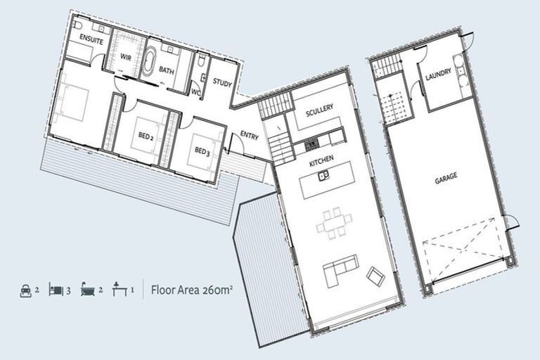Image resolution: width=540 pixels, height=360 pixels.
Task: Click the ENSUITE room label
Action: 91,39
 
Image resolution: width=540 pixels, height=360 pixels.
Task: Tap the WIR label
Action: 126,57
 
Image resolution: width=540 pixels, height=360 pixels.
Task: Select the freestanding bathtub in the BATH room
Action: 149,62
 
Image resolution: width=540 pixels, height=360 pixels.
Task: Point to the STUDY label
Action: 222,82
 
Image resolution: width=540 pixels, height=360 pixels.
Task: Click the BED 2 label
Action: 146,136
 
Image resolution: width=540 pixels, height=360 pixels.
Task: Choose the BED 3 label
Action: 202,151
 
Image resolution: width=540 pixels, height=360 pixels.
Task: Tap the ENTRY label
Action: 250,135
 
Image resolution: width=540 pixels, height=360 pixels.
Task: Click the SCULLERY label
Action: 320,110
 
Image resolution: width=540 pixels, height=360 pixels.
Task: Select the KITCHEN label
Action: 321,160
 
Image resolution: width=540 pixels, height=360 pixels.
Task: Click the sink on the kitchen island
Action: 323,175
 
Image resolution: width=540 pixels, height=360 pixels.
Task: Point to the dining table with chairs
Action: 334,223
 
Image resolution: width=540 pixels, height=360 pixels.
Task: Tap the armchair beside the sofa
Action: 375,276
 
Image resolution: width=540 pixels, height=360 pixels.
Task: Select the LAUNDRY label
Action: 438,74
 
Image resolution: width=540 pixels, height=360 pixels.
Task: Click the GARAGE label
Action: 446,178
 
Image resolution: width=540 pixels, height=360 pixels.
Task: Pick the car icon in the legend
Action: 26,291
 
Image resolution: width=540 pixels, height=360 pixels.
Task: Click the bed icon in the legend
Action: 56,290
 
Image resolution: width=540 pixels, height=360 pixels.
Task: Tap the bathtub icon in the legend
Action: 88,289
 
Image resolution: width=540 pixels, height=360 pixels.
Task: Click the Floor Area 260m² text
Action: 191,290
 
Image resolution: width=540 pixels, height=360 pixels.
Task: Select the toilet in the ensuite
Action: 77,25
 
